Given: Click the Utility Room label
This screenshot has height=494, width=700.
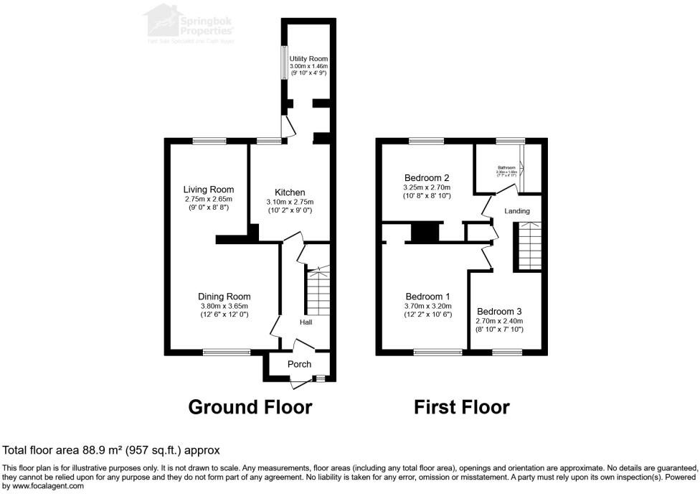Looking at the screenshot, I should (307, 57).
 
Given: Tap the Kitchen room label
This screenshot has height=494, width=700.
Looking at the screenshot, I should (289, 192).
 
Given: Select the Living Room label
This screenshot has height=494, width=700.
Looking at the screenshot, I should (208, 190).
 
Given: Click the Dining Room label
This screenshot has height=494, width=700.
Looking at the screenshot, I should (224, 297).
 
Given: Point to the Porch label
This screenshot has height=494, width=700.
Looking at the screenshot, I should (299, 364).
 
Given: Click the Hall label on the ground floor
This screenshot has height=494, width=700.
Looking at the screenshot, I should (306, 322).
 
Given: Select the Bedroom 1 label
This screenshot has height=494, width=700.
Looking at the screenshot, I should (427, 297).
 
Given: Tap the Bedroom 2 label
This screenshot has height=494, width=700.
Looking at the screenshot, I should (427, 178).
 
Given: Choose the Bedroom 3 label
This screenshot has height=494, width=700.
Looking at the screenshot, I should (500, 311).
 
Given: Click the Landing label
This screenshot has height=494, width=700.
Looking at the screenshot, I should (517, 211).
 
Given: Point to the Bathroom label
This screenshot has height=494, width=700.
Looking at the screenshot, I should (506, 167).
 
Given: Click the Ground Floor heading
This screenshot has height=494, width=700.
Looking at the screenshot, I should (250, 407).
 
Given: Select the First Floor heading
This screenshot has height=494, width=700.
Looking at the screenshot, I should (462, 407).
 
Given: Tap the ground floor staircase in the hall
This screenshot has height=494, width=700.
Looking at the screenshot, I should (317, 290).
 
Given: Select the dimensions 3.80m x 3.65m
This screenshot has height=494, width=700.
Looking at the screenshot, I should (224, 306).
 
